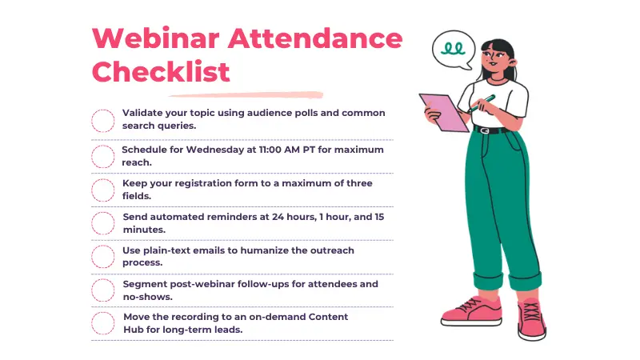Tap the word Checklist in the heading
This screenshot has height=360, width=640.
[161, 71]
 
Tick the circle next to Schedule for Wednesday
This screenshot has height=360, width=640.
[103, 156]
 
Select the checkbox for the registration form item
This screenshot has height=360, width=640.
[103, 190]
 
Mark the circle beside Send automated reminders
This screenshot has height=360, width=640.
[103, 223]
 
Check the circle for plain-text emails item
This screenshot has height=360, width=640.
[103, 257]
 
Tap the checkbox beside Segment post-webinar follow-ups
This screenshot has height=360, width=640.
[103, 290]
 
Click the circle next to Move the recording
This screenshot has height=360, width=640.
[103, 323]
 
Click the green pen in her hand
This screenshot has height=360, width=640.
[483, 102]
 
